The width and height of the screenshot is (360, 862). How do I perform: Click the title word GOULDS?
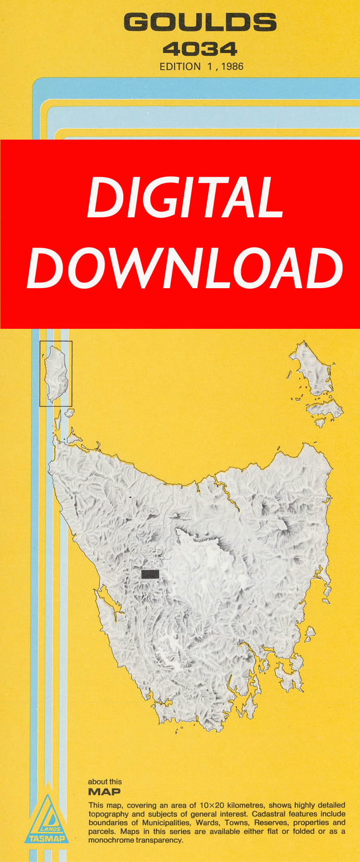click(x=200, y=23)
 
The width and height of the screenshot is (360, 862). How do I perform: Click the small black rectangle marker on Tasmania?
click(x=150, y=574)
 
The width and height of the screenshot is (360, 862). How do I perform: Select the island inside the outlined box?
click(x=56, y=372)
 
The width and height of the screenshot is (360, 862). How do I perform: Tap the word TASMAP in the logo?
click(x=46, y=838)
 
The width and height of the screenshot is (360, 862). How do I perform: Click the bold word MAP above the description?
click(x=104, y=792)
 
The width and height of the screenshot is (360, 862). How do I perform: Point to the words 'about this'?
click(x=105, y=782)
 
